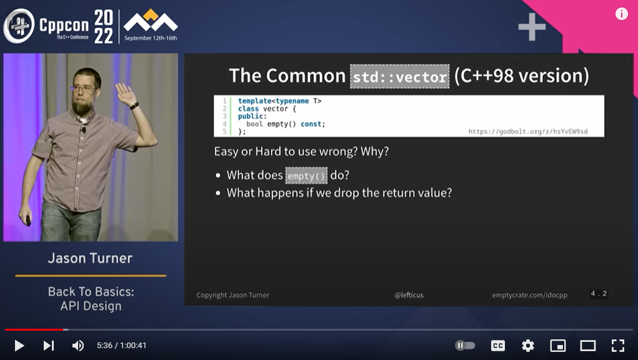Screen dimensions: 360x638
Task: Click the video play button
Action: point(19,346)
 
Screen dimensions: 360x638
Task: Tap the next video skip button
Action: point(49,346)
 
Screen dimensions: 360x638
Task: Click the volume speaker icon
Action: point(78,346)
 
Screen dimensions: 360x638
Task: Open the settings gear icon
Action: point(528,346)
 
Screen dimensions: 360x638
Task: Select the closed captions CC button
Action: point(498,346)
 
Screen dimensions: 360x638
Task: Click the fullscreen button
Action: point(618,346)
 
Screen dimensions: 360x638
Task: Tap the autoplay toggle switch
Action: point(465,346)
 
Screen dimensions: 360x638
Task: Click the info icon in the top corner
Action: point(621,14)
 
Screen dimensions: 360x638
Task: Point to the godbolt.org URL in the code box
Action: point(528,131)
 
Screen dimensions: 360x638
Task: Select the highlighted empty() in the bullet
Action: point(306,176)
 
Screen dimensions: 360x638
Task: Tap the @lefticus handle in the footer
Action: point(409,295)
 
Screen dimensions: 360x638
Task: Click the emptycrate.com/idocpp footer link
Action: point(530,295)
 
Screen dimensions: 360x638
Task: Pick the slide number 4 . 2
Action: point(599,294)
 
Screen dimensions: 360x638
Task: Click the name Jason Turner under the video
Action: point(90,258)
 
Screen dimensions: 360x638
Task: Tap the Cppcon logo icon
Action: point(19,26)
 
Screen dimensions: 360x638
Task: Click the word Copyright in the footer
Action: point(211,295)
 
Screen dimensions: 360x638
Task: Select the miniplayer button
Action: point(557,346)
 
